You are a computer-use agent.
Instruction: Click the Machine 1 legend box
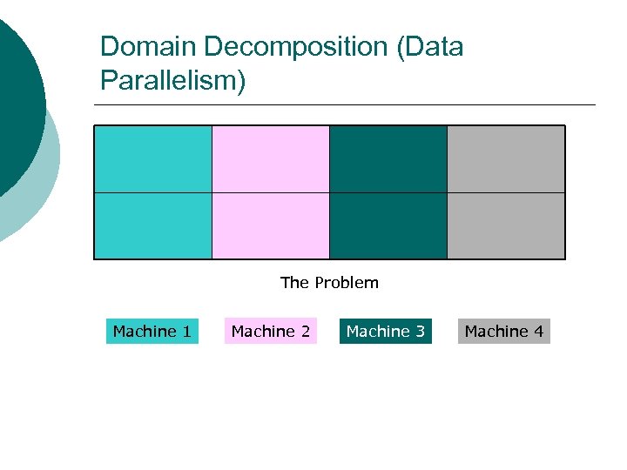152,332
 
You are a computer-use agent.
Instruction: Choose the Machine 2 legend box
271,332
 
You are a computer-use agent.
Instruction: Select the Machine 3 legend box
386,332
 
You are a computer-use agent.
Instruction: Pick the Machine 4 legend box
504,332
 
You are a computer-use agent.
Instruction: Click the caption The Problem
329,283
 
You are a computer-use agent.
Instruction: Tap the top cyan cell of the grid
153,158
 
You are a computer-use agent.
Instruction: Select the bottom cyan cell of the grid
153,225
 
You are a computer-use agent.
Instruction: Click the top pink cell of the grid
271,158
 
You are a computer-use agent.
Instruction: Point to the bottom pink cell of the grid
271,225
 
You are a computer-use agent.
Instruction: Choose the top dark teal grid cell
388,158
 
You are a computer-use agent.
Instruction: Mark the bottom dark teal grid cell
388,225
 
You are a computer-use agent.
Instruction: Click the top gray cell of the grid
506,158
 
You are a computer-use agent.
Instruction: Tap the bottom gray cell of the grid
506,225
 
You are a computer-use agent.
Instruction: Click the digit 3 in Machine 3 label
420,332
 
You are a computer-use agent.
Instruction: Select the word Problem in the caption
347,283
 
